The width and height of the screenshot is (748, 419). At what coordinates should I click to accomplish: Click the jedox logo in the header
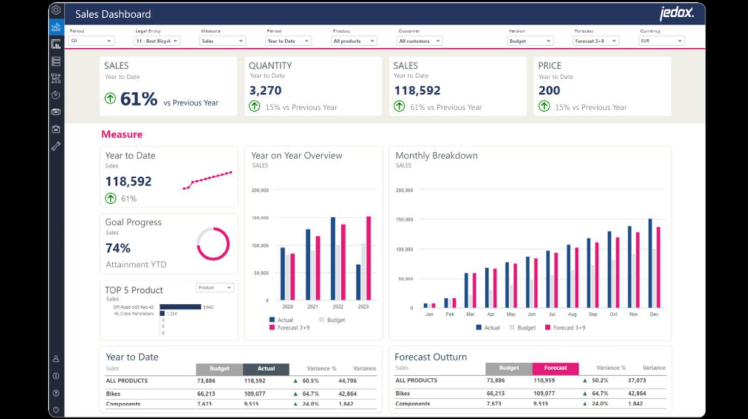tap(676, 13)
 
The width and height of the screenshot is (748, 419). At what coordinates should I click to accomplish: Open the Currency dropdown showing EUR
tap(661, 41)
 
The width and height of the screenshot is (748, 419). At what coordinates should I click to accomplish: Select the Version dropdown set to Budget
tap(530, 41)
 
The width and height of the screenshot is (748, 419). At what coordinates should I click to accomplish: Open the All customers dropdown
tap(420, 41)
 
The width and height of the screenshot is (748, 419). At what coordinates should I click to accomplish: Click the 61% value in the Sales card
tap(139, 99)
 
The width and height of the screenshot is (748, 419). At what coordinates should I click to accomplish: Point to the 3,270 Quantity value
tap(265, 90)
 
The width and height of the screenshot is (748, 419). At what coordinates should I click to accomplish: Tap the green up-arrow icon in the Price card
tap(544, 106)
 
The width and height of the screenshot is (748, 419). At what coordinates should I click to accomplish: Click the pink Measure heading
tap(121, 134)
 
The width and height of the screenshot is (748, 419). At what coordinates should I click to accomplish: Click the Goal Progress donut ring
tap(213, 244)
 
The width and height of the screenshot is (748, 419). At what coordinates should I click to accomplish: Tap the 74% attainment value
tap(118, 248)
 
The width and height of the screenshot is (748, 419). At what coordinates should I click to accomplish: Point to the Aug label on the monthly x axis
tap(572, 314)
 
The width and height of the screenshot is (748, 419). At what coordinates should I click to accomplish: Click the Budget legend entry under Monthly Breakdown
tap(522, 328)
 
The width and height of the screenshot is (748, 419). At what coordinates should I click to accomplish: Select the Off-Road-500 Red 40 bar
tap(180, 307)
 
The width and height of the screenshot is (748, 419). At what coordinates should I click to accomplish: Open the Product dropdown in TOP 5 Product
tap(214, 287)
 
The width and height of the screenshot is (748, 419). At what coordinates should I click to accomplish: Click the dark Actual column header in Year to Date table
tap(266, 369)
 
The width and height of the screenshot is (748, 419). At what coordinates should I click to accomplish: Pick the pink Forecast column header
tap(555, 368)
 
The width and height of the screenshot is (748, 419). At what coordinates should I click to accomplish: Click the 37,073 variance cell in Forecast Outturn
tap(637, 380)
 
